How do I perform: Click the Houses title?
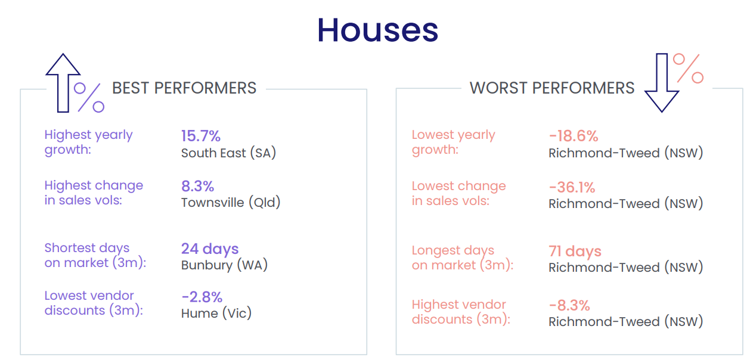377,29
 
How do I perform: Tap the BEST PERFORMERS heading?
184,88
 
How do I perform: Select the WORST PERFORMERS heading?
552,88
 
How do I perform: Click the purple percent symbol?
89,97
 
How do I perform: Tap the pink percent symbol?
688,68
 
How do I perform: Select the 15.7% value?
201,136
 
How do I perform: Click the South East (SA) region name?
228,153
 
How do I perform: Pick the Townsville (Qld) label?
231,203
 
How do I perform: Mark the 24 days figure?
210,249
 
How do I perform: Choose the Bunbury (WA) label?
224,265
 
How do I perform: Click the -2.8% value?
202,296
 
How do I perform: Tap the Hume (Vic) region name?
216,313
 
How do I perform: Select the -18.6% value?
573,136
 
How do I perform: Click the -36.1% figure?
572,187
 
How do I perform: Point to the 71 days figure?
575,251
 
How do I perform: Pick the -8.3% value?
569,305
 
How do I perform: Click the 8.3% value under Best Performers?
197,186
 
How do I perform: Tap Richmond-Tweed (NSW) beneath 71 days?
625,268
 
